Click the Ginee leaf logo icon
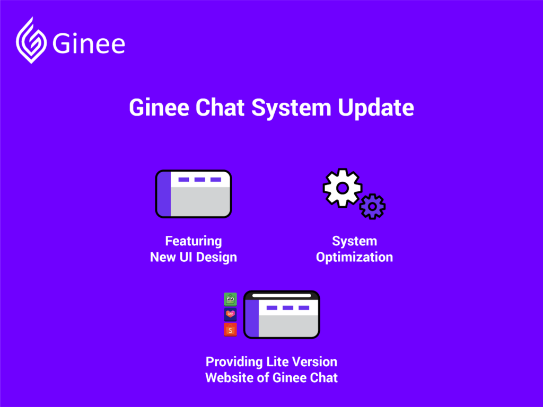(31, 41)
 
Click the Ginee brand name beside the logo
(89, 44)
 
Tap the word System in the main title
(291, 108)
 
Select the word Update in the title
(376, 108)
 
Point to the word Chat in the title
(220, 107)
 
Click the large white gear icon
(343, 188)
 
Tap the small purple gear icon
(372, 207)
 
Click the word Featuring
(193, 241)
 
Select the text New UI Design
(193, 257)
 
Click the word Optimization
(354, 257)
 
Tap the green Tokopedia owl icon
(230, 299)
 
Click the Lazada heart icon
(230, 314)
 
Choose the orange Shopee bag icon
(230, 330)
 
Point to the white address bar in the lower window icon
(282, 296)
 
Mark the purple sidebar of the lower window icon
(252, 318)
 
